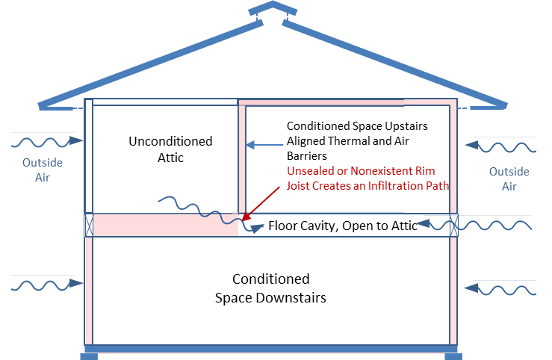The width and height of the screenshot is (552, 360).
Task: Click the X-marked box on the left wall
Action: pyautogui.click(x=88, y=225)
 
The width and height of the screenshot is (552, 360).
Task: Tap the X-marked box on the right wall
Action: pyautogui.click(x=453, y=225)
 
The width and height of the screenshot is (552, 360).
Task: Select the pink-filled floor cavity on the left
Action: pyautogui.click(x=164, y=226)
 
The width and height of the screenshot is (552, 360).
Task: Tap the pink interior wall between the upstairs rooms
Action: pyautogui.click(x=242, y=157)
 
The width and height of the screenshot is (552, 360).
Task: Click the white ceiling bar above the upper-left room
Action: pyautogui.click(x=164, y=102)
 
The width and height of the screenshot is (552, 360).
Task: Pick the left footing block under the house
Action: pyautogui.click(x=88, y=356)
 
